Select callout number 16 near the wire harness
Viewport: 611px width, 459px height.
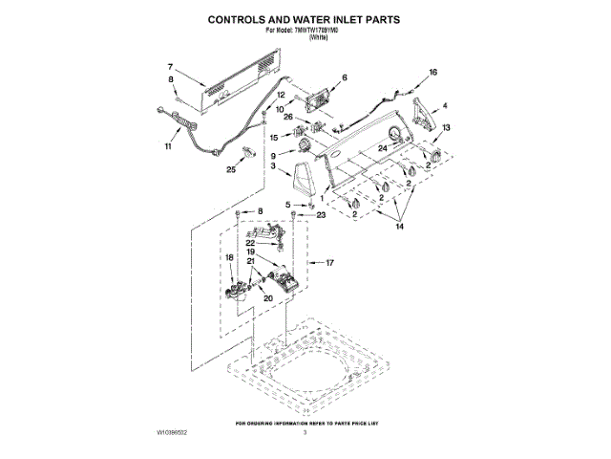point(432,73)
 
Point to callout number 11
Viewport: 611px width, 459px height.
point(169,147)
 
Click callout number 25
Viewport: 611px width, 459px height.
point(231,170)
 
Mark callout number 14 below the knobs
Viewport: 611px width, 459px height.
point(400,226)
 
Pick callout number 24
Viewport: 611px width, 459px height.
point(382,148)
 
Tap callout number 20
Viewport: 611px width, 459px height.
point(268,298)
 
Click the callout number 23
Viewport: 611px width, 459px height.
point(321,216)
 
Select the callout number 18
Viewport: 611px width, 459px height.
point(229,257)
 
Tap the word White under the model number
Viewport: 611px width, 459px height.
point(305,38)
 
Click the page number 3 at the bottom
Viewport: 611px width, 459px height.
point(305,433)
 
